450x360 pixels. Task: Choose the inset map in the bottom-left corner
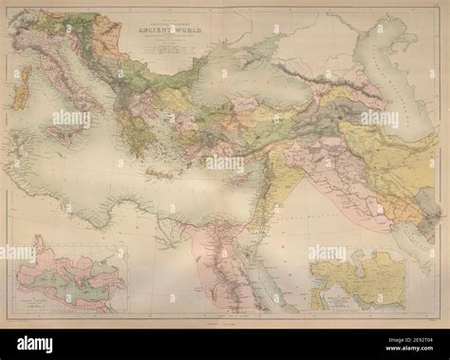pyautogui.click(x=66, y=275)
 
